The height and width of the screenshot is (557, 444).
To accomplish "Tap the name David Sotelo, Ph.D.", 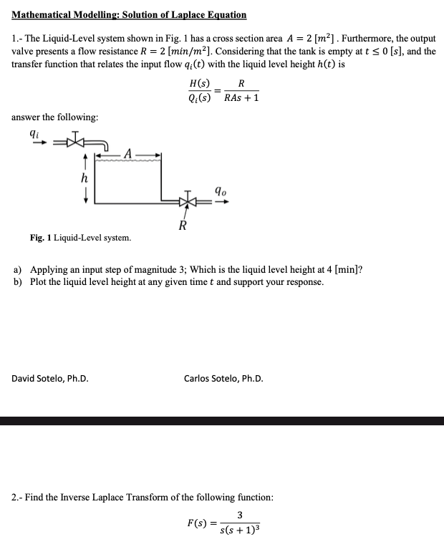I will point(51,379).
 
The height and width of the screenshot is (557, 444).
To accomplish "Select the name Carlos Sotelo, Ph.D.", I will point(223,379).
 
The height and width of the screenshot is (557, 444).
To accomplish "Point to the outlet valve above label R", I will point(188,201).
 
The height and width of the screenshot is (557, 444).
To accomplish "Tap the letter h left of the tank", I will point(85,178).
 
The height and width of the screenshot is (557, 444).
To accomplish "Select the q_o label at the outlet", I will point(221,191).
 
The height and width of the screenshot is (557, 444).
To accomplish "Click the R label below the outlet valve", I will point(183,228).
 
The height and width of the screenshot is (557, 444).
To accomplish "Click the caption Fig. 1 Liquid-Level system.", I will point(80,238).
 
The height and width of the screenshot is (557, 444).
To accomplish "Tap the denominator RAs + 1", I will point(241,99).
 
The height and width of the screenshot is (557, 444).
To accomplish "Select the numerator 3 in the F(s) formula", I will point(239,514).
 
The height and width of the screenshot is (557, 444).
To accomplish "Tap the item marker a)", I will point(17,269).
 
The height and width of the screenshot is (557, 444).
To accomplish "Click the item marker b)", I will point(17,282).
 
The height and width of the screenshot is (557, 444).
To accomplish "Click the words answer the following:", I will point(55,117).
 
